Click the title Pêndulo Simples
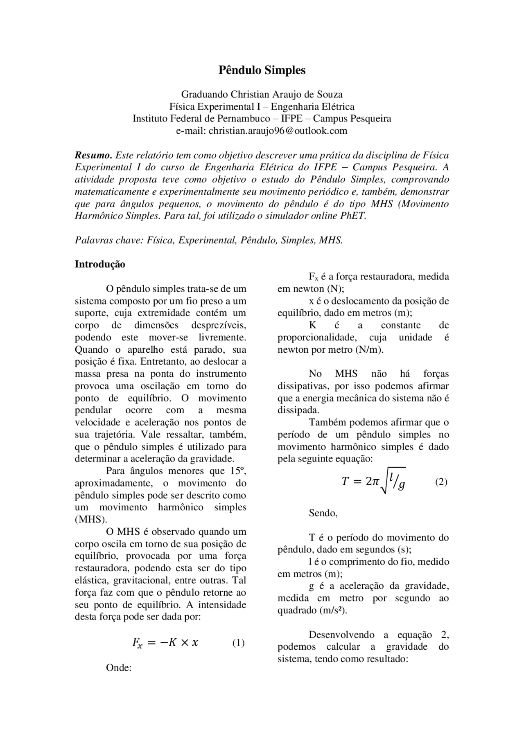pyautogui.click(x=262, y=70)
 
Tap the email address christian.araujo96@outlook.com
pyautogui.click(x=278, y=131)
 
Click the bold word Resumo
pyautogui.click(x=93, y=155)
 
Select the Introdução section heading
pyautogui.click(x=100, y=264)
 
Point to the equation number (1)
pyautogui.click(x=238, y=643)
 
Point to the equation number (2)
pyautogui.click(x=441, y=482)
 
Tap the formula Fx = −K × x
pyautogui.click(x=165, y=643)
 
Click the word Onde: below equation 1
pyautogui.click(x=118, y=668)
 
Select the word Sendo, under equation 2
pyautogui.click(x=323, y=513)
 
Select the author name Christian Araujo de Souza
pyautogui.click(x=286, y=95)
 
